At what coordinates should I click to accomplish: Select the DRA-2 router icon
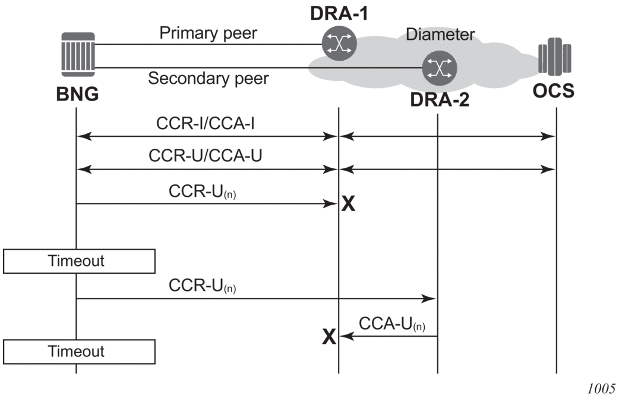(437, 68)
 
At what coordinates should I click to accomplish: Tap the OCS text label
(554, 92)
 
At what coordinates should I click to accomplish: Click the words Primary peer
(208, 33)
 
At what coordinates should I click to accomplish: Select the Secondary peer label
(208, 78)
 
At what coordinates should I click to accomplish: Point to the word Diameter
(440, 35)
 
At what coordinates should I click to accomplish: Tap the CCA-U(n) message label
(393, 324)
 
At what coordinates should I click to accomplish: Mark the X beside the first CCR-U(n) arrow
(349, 205)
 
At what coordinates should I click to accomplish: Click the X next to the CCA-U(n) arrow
(329, 337)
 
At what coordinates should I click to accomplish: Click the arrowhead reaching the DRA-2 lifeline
(432, 299)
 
